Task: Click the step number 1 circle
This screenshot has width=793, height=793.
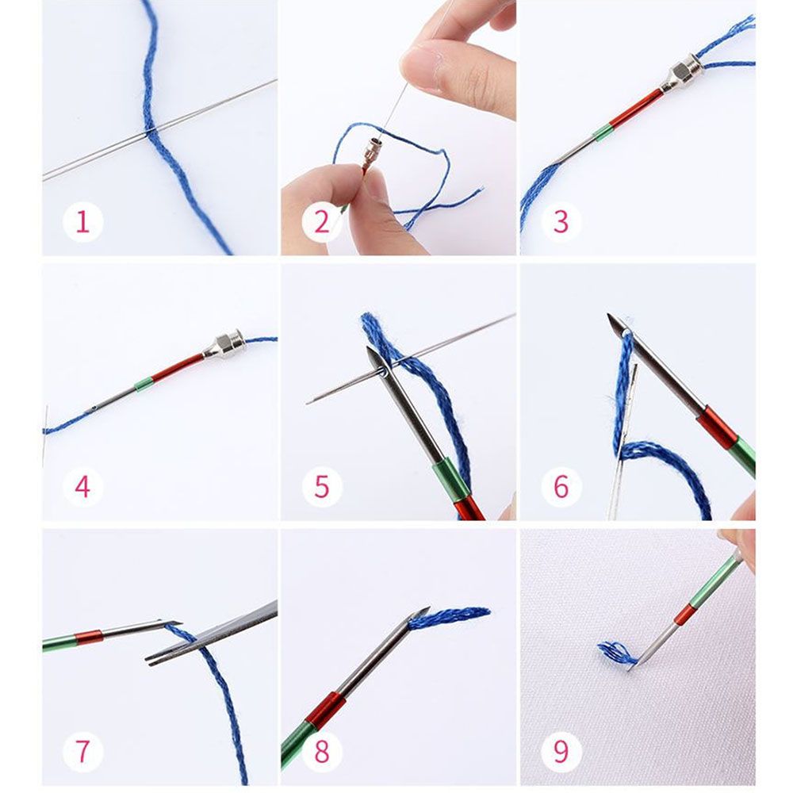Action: tap(82, 223)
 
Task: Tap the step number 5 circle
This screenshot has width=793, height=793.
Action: tap(321, 486)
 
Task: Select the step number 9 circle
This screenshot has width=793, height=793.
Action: tap(561, 750)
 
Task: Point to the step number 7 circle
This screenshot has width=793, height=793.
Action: tap(82, 750)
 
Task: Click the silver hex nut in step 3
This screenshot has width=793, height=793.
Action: tap(683, 74)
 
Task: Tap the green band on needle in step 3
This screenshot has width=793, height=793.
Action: tap(603, 132)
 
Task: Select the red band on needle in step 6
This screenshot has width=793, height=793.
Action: tap(718, 428)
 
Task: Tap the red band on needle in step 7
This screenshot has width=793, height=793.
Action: tap(89, 637)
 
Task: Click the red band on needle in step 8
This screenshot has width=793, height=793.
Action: tap(324, 710)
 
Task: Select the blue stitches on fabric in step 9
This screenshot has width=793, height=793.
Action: tap(615, 653)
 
